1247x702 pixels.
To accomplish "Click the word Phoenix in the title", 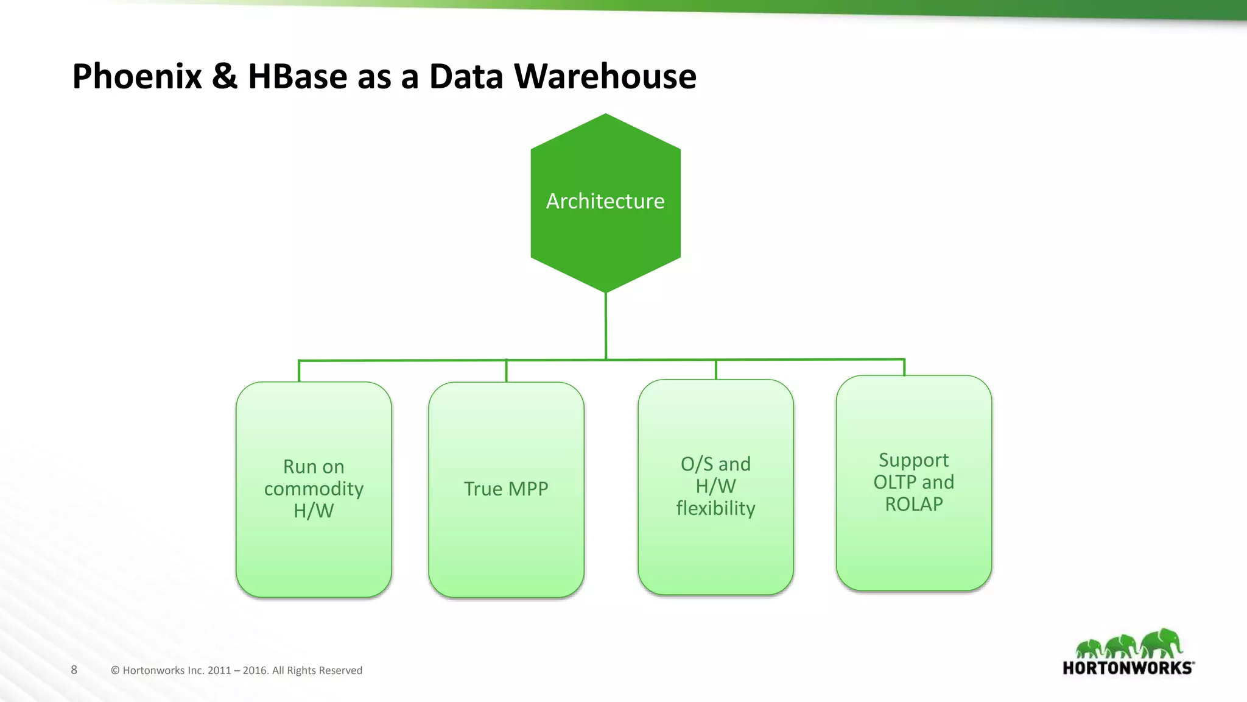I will [137, 77].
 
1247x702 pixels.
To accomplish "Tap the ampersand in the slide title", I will [225, 77].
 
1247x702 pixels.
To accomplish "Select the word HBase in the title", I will [297, 77].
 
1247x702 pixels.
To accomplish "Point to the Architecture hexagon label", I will [605, 201].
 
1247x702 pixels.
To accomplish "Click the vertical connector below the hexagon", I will [606, 326].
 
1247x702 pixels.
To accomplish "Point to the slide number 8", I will [74, 670].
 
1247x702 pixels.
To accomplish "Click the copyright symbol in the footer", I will [115, 670].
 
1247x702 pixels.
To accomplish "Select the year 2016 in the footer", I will [255, 670].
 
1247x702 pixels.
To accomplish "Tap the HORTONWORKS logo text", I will [1128, 668].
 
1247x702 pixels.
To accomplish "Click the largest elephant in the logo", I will [1162, 643].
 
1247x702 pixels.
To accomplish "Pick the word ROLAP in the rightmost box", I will [913, 505].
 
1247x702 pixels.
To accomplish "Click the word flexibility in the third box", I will [715, 508].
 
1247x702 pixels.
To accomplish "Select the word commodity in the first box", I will [314, 489].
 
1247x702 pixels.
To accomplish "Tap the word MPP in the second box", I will [528, 489].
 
